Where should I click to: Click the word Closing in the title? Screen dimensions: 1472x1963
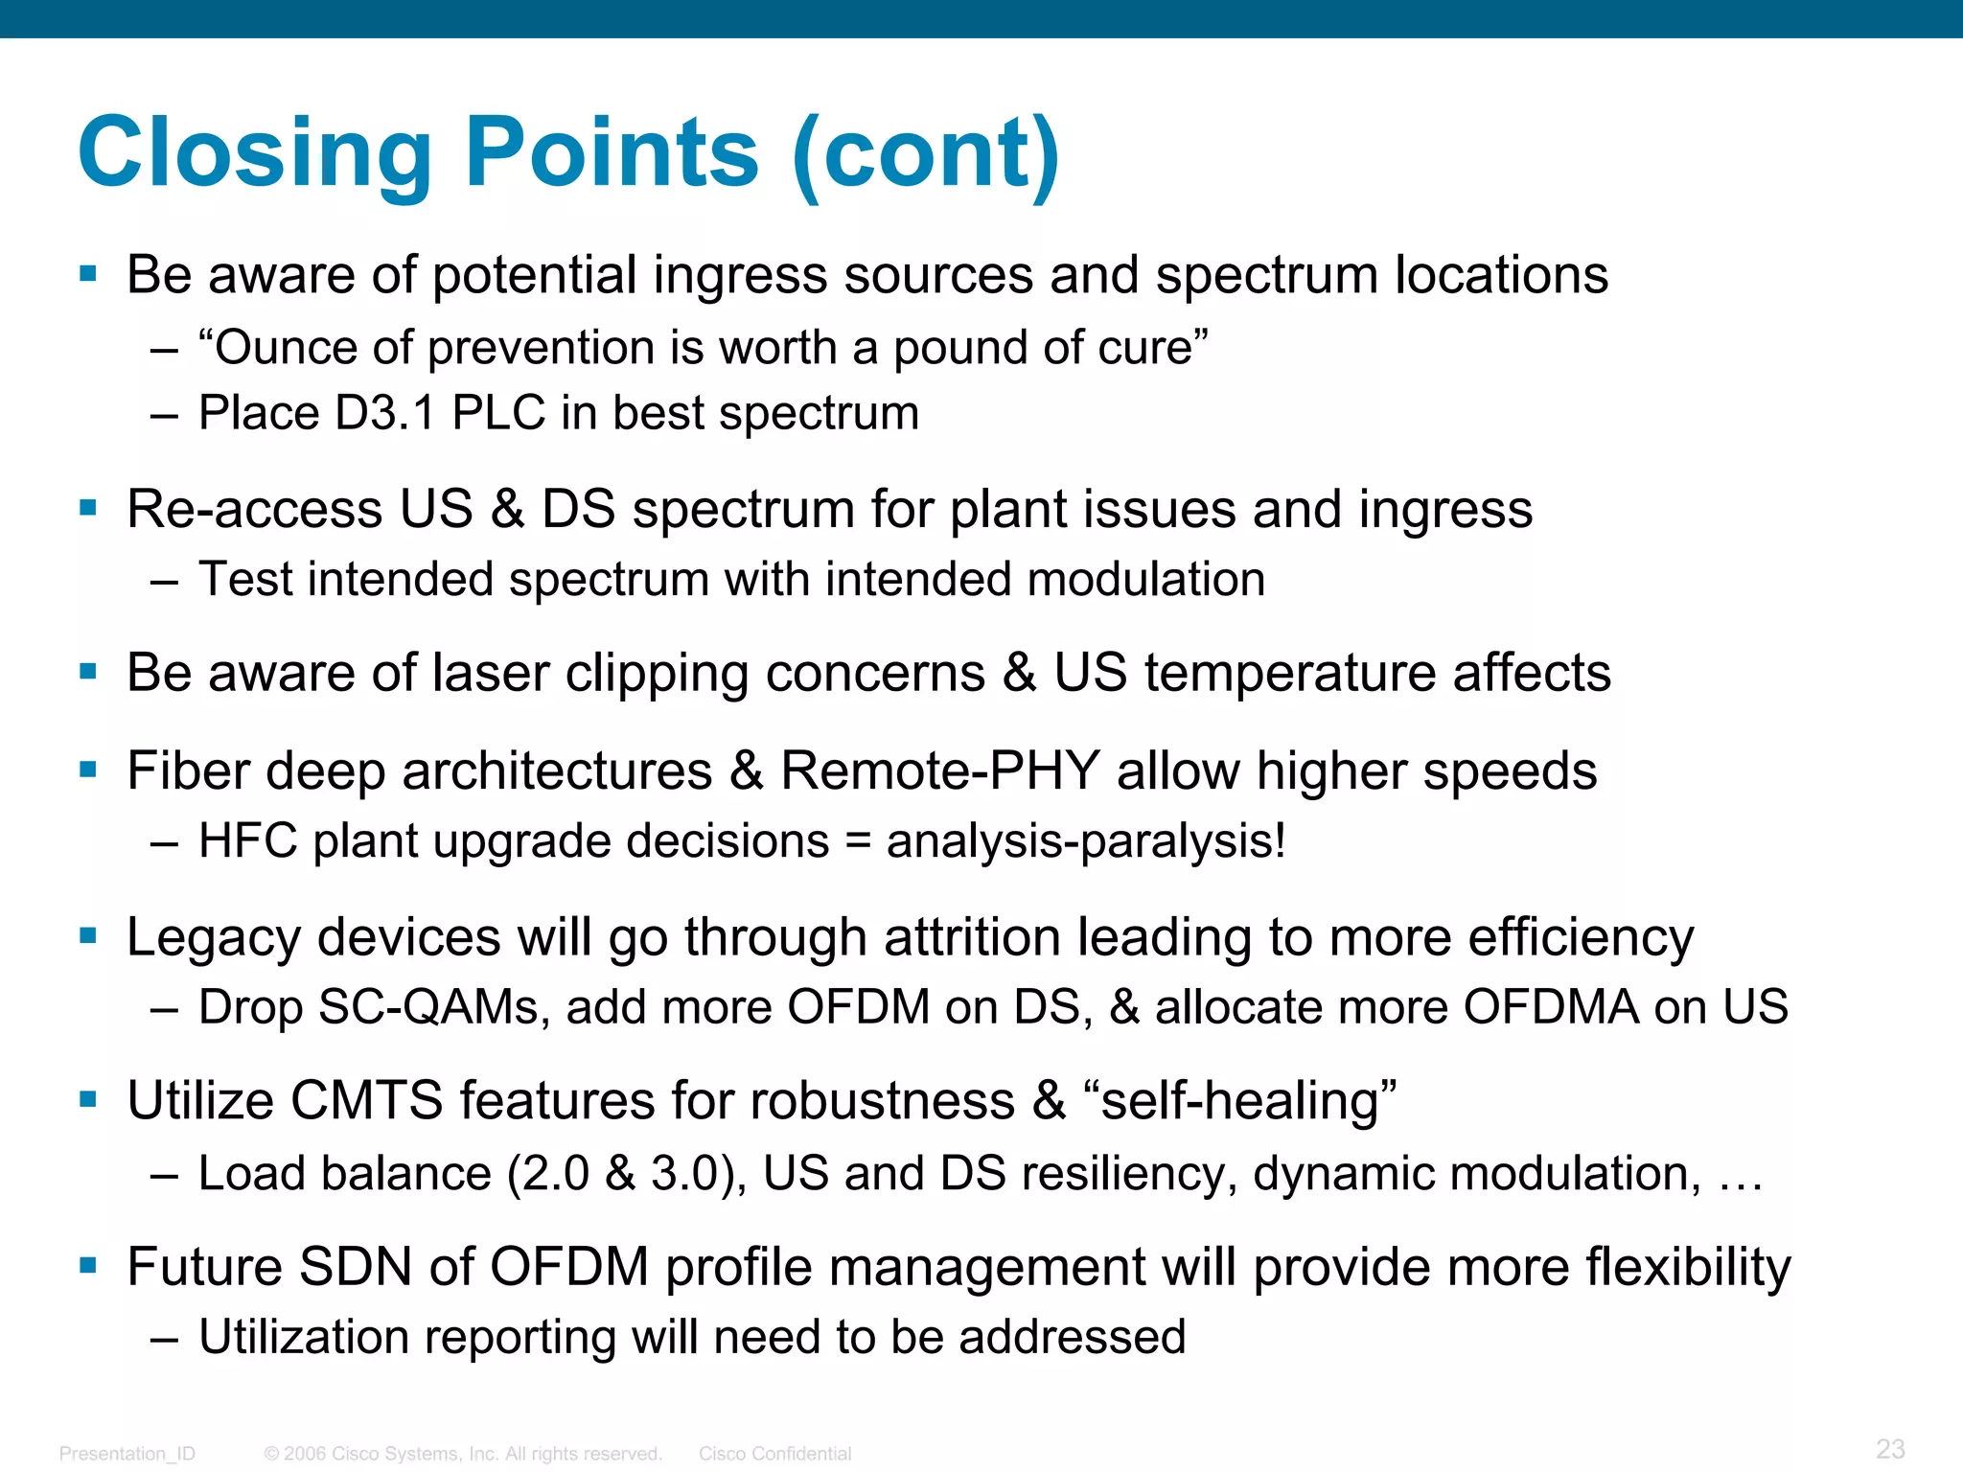coord(254,153)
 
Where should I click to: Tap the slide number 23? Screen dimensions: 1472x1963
coord(1890,1448)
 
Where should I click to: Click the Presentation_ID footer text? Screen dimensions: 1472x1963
coord(127,1454)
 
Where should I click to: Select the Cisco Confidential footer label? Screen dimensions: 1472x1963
coord(774,1454)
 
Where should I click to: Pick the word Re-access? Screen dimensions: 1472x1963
coord(254,509)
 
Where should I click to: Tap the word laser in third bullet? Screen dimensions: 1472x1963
coord(490,673)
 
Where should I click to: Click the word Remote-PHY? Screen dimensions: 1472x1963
coord(940,770)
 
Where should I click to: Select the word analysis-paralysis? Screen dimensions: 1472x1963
coord(1086,841)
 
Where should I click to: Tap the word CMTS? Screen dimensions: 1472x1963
coord(366,1100)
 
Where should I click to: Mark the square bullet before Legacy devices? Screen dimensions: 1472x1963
coord(89,935)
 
